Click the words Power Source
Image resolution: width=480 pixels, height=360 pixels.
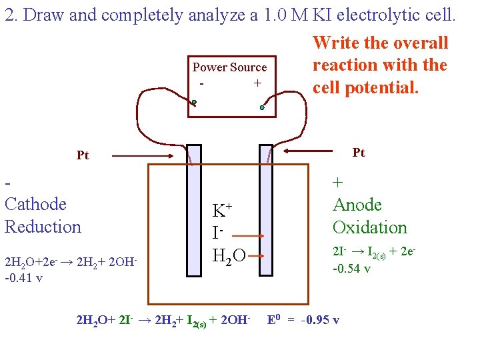(229, 67)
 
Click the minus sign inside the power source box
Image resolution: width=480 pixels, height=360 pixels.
(201, 83)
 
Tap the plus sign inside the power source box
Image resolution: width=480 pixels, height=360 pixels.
(257, 83)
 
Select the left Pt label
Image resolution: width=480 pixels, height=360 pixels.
(83, 155)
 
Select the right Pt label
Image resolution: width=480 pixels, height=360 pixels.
(359, 153)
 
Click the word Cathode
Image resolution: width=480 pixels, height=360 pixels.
(36, 204)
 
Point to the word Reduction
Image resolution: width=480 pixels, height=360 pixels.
(43, 227)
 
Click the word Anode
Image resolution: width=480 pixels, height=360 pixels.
(357, 205)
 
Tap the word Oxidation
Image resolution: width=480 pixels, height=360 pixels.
(369, 227)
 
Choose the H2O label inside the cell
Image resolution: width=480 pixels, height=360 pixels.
(229, 254)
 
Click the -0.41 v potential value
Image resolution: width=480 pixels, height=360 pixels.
(23, 277)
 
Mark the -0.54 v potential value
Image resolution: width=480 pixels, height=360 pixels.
(352, 269)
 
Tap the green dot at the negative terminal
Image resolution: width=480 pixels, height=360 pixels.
(194, 103)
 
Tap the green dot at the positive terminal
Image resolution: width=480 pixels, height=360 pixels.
(263, 107)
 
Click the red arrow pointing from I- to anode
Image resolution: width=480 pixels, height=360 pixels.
(247, 236)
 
